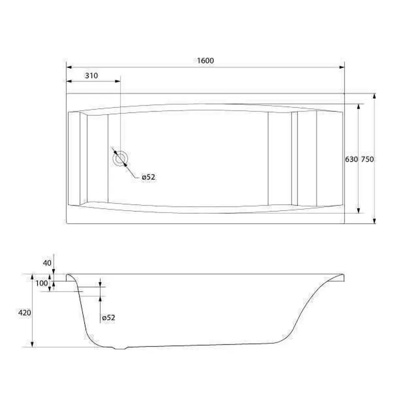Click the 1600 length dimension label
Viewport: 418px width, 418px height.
click(x=205, y=61)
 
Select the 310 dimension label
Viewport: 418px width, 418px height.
click(x=92, y=76)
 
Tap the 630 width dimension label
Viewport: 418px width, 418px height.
click(x=352, y=159)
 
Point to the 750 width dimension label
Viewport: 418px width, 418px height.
click(x=367, y=159)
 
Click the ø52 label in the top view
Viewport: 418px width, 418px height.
click(x=148, y=177)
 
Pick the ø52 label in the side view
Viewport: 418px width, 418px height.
click(x=109, y=318)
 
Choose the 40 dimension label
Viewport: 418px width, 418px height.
click(x=47, y=263)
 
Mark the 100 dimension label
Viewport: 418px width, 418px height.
click(x=41, y=283)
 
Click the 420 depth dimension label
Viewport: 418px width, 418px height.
click(x=25, y=312)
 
